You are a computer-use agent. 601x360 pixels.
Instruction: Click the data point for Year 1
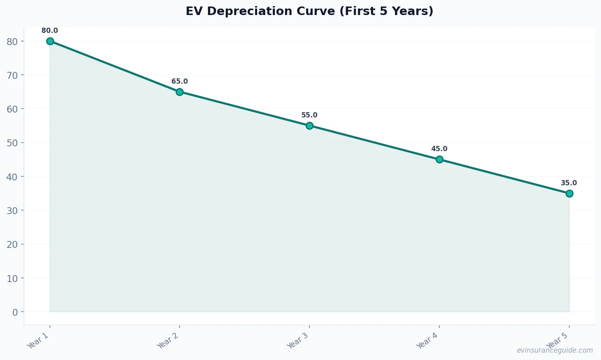[x=50, y=41]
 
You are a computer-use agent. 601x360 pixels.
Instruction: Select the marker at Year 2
[x=179, y=92]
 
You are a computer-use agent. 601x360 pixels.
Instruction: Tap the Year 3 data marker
[x=309, y=126]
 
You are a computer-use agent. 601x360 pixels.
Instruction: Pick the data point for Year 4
[x=439, y=159]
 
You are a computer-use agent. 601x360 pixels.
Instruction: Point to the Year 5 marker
[x=569, y=193]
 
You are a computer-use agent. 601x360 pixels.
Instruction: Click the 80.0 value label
[x=50, y=31]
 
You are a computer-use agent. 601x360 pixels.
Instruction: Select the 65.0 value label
[x=179, y=82]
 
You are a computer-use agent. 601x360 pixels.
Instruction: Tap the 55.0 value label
[x=309, y=115]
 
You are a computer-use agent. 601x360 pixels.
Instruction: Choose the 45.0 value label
[x=439, y=149]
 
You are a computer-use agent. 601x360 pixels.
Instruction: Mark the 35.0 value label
[x=569, y=183]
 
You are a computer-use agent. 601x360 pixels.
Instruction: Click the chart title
[x=309, y=11]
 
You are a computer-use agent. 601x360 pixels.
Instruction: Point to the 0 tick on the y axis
[x=15, y=312]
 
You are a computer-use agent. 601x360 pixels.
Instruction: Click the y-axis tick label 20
[x=13, y=245]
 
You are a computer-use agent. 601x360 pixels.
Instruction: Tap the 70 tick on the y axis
[x=13, y=75]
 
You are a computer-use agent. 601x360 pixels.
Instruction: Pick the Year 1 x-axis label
[x=38, y=340]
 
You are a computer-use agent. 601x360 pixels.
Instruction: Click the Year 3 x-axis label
[x=298, y=340]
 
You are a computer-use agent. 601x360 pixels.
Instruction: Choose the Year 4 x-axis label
[x=428, y=340]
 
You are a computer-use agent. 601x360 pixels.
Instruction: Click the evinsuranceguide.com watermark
[x=555, y=350]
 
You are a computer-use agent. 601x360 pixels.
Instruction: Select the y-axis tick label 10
[x=13, y=278]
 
